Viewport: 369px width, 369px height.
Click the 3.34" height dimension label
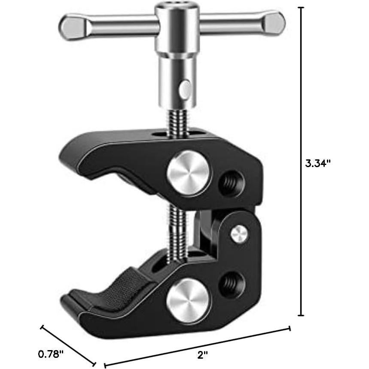pos(318,163)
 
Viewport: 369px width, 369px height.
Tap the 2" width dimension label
pos(203,354)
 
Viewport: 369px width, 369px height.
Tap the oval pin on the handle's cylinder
pos(185,88)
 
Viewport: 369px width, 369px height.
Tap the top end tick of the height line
pos(302,8)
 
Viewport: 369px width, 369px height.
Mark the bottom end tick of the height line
pos(302,315)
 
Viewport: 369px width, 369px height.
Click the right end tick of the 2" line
pos(290,329)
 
